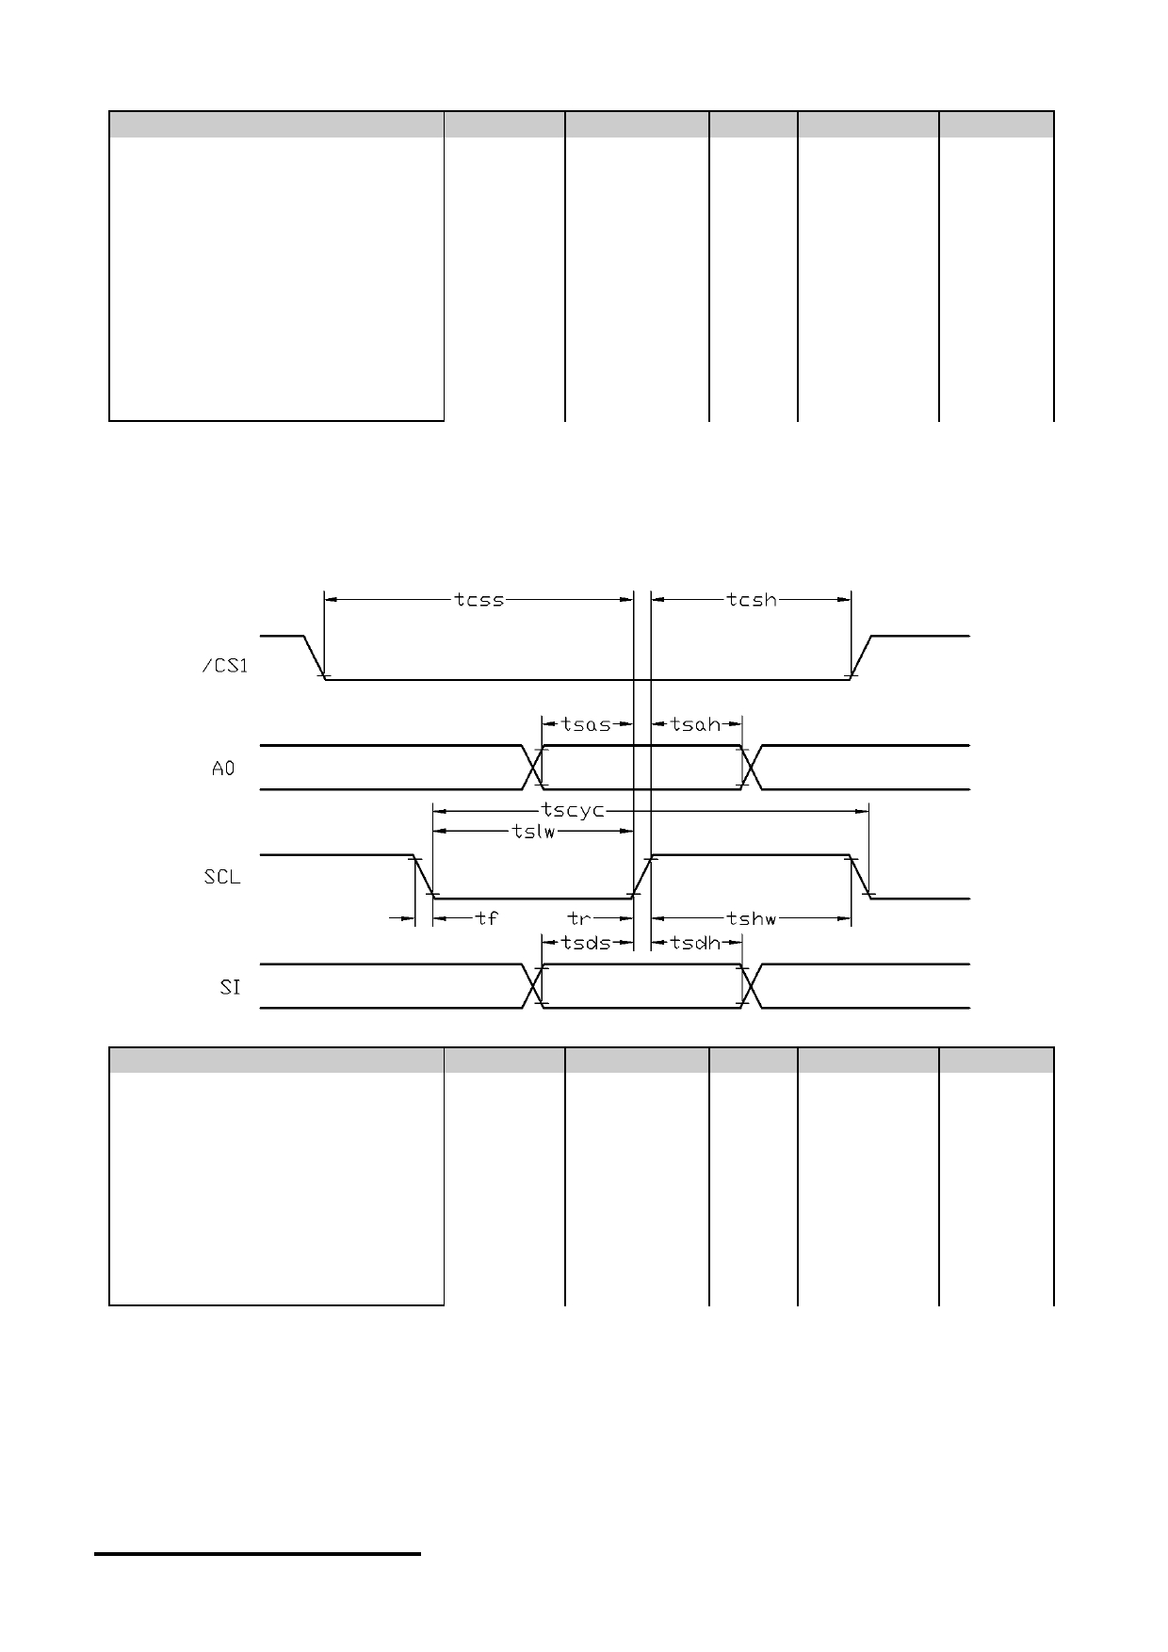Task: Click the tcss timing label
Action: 479,599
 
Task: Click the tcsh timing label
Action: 752,599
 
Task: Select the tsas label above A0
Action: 586,724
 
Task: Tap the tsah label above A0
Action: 695,724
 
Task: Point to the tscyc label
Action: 573,810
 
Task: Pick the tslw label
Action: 533,832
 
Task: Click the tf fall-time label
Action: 486,917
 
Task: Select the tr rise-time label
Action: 579,917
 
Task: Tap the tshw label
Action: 751,918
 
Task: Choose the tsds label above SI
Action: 586,942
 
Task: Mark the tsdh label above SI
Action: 695,942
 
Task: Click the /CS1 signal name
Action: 226,666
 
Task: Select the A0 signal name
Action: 223,769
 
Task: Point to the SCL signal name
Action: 222,877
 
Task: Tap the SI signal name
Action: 230,988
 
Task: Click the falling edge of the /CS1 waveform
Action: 315,657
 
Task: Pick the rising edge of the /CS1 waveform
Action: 861,657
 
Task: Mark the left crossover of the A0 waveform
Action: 534,768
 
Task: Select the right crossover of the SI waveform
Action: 751,986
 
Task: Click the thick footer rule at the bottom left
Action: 257,1554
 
